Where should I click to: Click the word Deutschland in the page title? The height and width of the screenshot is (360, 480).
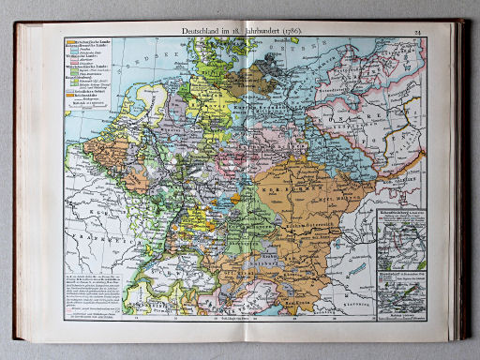(186, 32)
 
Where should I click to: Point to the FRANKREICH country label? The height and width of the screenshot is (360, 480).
(94, 225)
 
